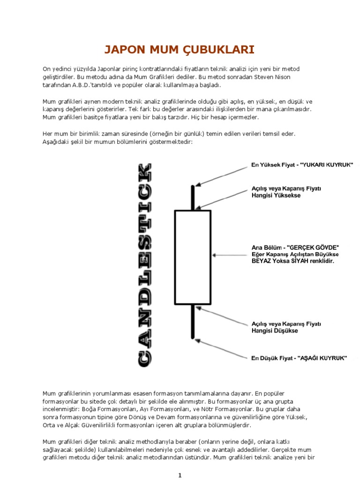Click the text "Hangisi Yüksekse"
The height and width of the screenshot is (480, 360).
click(x=275, y=195)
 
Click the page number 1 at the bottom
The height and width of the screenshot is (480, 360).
click(x=180, y=475)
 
